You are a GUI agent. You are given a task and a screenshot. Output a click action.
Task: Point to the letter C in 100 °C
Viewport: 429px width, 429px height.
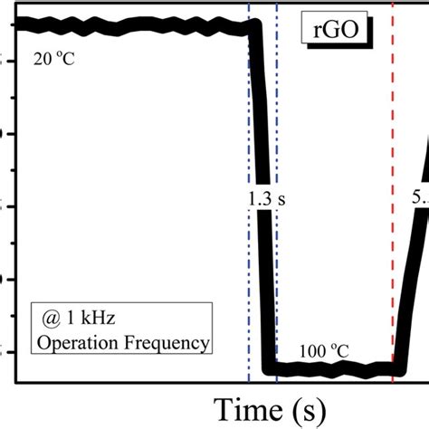(x=345, y=350)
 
